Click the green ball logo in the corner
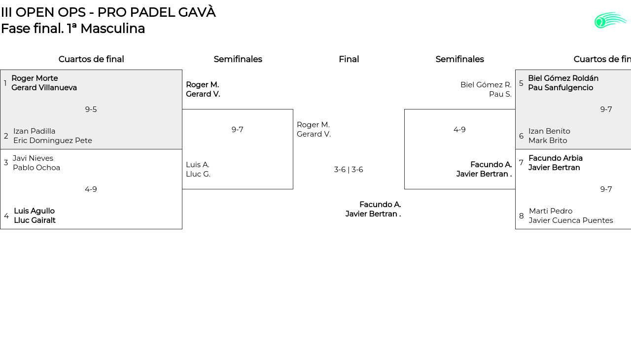610,20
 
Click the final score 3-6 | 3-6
349,170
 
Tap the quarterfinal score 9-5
91,109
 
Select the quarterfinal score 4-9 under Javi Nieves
91,189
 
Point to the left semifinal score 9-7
238,130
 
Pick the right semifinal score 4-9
459,130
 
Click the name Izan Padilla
34,131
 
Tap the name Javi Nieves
33,158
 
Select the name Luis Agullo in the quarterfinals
34,211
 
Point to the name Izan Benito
549,131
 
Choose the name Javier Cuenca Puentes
571,220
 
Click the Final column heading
349,59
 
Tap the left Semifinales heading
238,59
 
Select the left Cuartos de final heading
91,59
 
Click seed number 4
6,216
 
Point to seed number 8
522,216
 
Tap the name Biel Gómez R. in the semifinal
486,85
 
